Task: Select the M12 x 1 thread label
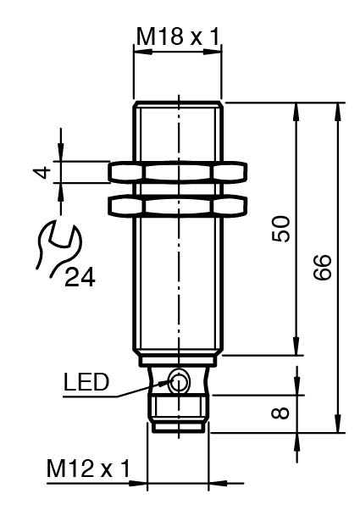88,468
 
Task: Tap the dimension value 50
280,229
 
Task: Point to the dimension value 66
323,267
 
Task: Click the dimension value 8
280,413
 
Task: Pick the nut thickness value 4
43,172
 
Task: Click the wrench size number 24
80,277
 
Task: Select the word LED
86,382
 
